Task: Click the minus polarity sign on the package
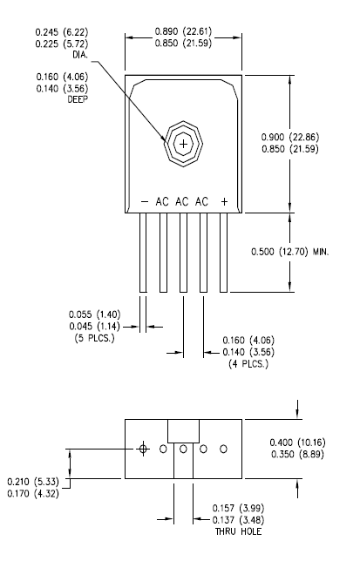coord(144,201)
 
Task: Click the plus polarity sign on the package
coord(224,201)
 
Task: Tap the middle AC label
coord(182,201)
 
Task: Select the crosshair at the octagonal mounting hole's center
coord(183,143)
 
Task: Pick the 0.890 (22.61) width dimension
coord(183,33)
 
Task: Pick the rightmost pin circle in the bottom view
coord(223,449)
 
